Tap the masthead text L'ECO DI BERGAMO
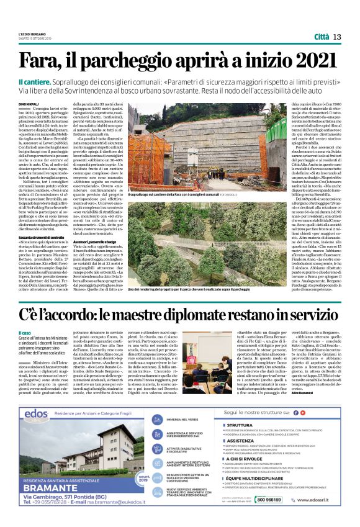click(32, 34)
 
